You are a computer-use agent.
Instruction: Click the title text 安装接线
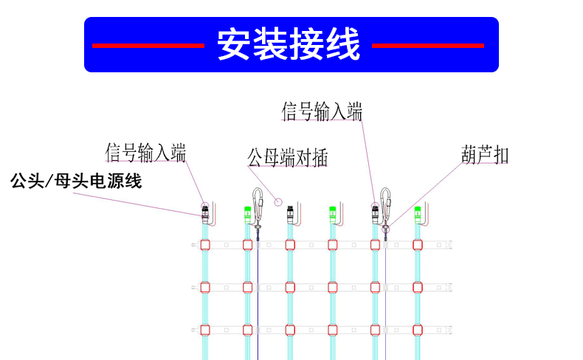click(x=289, y=45)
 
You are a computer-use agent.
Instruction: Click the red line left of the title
click(x=148, y=46)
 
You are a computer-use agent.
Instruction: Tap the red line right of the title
click(x=427, y=46)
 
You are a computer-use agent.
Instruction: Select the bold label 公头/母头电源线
click(x=76, y=181)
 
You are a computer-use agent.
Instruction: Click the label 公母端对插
click(x=287, y=157)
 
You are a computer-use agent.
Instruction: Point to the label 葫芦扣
click(x=485, y=155)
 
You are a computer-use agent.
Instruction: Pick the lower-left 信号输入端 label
click(x=145, y=153)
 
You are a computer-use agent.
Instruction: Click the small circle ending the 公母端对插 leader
click(x=278, y=201)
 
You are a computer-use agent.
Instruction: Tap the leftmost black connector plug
click(x=204, y=215)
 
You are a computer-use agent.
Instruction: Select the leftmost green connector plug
click(x=247, y=214)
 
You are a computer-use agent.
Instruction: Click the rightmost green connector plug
click(x=418, y=214)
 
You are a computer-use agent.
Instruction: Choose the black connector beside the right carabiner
click(x=375, y=214)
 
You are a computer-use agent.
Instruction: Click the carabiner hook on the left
click(x=258, y=207)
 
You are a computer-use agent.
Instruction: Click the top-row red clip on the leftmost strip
click(x=205, y=244)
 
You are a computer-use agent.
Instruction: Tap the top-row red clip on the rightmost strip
click(x=418, y=244)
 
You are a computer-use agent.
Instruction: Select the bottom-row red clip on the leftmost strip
click(x=205, y=329)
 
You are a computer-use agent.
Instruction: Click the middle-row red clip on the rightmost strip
click(x=418, y=286)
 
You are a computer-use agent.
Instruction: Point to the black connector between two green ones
click(x=290, y=214)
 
